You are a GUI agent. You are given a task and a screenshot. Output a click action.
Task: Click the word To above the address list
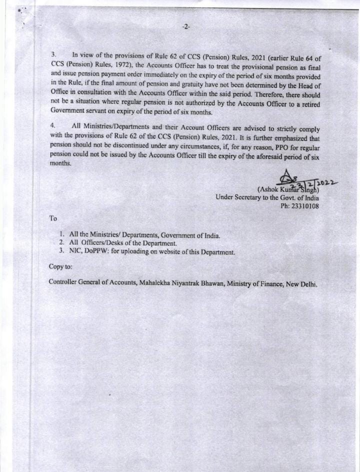[x=53, y=218]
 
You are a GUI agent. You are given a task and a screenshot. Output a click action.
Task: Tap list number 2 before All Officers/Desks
[x=61, y=243]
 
